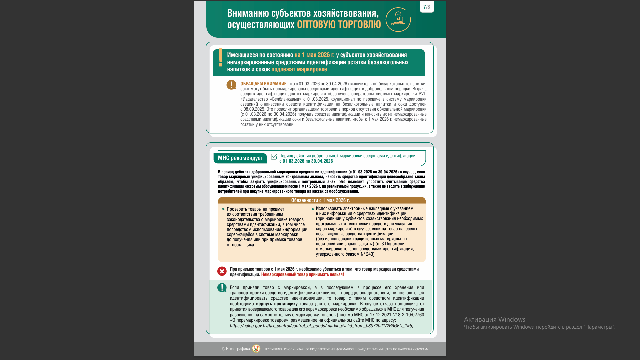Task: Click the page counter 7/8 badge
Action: (x=427, y=7)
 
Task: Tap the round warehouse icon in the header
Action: (x=398, y=20)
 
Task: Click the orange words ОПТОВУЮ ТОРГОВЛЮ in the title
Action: (x=339, y=25)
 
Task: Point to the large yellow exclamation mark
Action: (x=220, y=57)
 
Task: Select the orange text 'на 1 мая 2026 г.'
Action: (x=314, y=55)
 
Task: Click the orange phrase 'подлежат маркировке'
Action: (x=299, y=69)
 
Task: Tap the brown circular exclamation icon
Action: (x=231, y=85)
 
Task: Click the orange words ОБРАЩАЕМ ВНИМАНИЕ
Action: (x=263, y=84)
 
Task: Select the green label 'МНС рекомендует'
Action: (x=240, y=158)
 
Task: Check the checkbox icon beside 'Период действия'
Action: (x=274, y=157)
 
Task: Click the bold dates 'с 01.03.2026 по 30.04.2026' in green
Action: (x=308, y=161)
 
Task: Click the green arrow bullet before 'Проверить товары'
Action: (x=223, y=209)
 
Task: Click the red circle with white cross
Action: (x=222, y=271)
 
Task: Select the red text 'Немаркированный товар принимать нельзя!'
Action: (x=302, y=275)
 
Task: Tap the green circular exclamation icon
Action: (x=222, y=288)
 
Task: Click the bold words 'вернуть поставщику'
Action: (x=277, y=304)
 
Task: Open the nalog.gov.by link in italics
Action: (x=321, y=326)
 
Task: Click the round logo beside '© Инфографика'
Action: (x=256, y=349)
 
